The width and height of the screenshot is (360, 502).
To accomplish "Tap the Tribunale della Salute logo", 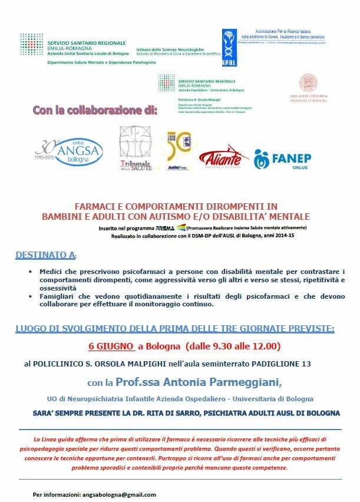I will click(x=136, y=149).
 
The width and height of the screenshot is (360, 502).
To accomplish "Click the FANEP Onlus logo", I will click(x=283, y=158).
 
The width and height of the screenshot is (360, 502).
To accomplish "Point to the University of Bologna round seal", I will click(x=309, y=83).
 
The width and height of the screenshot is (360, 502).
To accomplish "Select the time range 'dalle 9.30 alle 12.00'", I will click(x=217, y=346).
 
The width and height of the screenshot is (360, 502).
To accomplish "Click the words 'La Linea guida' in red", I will click(x=54, y=440).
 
